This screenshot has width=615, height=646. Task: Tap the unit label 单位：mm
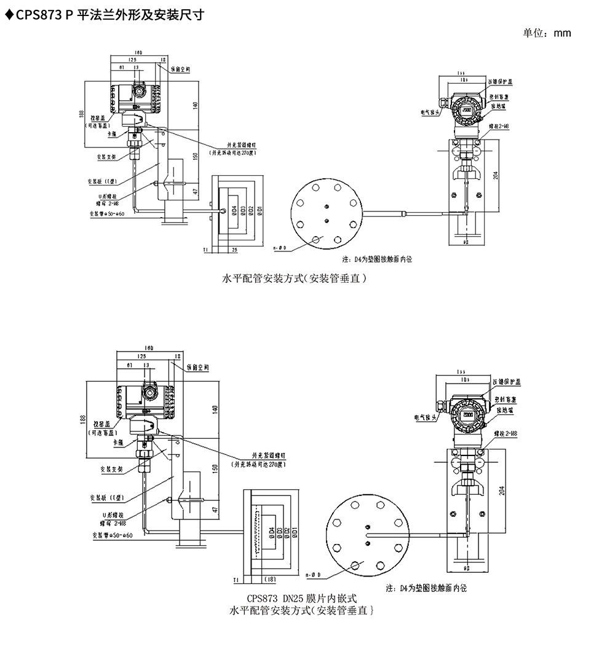(547, 33)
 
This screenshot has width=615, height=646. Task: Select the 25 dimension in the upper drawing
(235, 250)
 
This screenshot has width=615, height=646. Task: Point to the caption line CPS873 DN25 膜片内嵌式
(301, 597)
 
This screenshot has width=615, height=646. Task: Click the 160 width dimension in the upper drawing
(138, 53)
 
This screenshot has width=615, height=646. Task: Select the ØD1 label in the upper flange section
(260, 211)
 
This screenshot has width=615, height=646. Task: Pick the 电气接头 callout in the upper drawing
(429, 112)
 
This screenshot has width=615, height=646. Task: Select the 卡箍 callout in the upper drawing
(112, 133)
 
